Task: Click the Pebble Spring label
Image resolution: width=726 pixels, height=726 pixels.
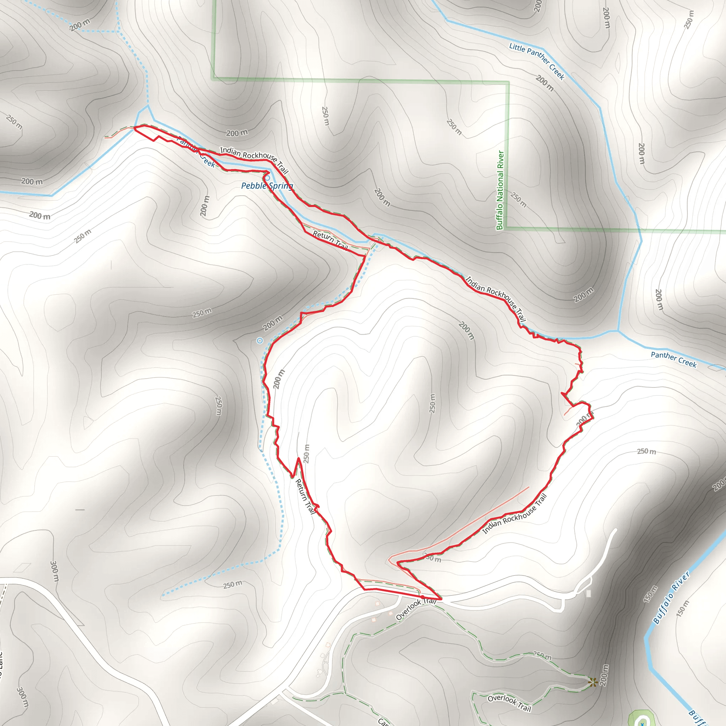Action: click(x=267, y=186)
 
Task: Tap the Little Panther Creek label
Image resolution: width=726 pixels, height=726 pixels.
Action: click(x=537, y=61)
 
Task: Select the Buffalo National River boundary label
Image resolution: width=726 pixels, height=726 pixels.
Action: click(x=500, y=190)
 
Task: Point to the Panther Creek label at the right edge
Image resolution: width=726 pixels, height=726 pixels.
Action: click(x=674, y=359)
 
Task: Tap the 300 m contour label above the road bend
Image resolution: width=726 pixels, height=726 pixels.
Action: click(x=55, y=571)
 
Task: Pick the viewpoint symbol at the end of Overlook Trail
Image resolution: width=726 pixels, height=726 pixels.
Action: click(x=593, y=682)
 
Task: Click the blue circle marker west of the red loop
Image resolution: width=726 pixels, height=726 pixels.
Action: click(x=259, y=341)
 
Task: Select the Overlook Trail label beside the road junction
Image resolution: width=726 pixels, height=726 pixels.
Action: click(x=415, y=609)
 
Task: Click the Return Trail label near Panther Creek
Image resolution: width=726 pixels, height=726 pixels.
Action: click(x=330, y=241)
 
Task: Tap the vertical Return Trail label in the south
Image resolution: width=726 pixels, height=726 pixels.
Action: click(x=305, y=496)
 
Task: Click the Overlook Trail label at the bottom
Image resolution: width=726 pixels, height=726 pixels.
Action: click(x=509, y=703)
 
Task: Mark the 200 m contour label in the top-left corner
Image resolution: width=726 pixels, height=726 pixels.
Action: click(x=80, y=25)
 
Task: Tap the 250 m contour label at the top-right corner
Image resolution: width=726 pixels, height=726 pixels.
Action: click(x=689, y=19)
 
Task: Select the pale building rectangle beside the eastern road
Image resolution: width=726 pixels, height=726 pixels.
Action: click(x=588, y=593)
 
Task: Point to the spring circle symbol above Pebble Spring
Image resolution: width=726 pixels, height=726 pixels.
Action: click(x=268, y=177)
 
